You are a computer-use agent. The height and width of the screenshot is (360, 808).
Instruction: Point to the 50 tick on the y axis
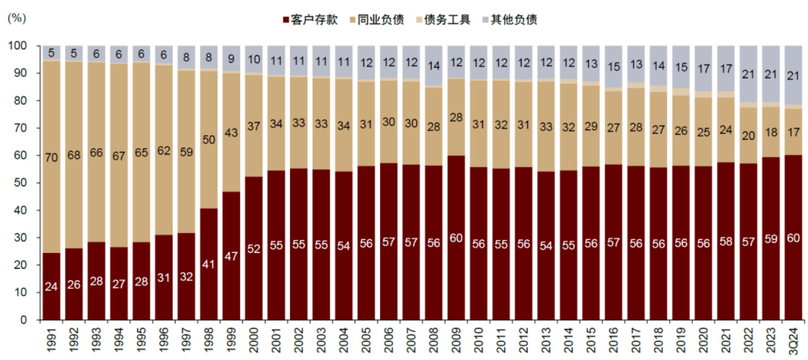click(x=21, y=183)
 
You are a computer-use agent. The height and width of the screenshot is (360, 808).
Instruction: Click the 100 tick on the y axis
click(x=18, y=46)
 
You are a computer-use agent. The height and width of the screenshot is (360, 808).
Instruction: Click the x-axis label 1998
click(x=208, y=339)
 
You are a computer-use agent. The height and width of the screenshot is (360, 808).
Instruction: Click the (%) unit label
click(x=16, y=18)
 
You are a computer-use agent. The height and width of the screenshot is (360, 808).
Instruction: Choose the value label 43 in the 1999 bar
click(x=230, y=149)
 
